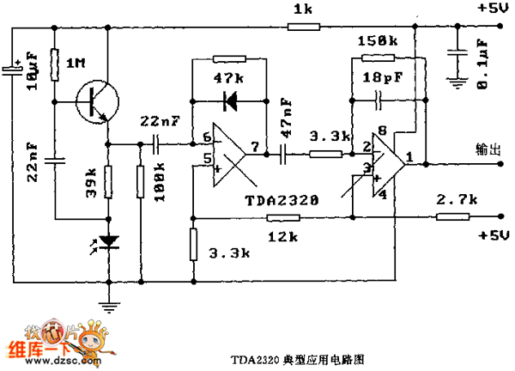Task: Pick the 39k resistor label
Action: (x=89, y=180)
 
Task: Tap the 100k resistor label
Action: (x=160, y=184)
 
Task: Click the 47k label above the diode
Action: (x=227, y=78)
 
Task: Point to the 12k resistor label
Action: (x=277, y=235)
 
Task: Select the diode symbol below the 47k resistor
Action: (x=229, y=101)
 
